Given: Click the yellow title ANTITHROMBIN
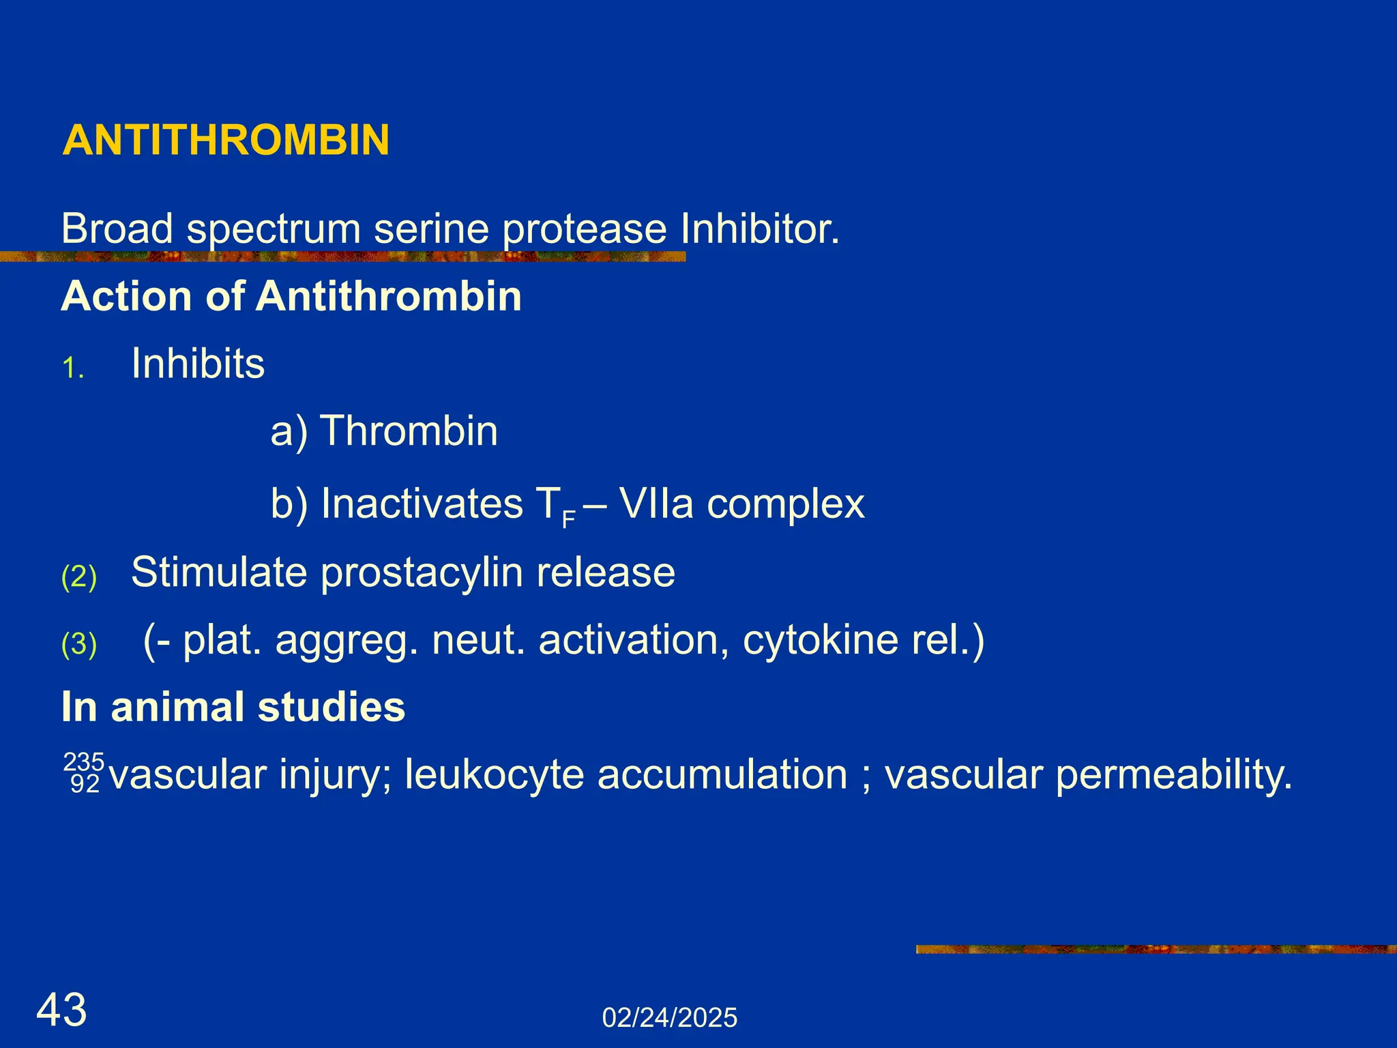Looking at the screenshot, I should (226, 141).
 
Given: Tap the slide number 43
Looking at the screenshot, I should (61, 1010).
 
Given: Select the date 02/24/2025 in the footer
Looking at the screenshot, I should (669, 1018).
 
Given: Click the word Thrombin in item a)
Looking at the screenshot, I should (409, 431).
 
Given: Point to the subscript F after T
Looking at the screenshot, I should (569, 521).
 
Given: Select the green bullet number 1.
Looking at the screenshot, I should (72, 369).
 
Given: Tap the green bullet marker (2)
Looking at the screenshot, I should (79, 577).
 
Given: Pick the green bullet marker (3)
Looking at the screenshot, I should (79, 644).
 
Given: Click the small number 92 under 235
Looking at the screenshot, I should (85, 785).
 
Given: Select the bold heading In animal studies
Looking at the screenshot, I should (233, 707).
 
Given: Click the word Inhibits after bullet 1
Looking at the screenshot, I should (198, 364).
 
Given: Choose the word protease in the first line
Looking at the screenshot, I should (585, 229).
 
